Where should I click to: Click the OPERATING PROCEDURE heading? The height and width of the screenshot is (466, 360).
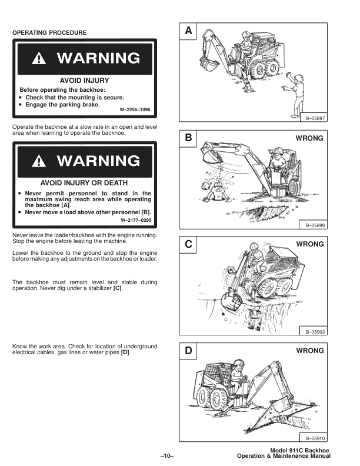pos(49,33)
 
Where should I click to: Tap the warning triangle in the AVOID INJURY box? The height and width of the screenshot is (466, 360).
pos(39,59)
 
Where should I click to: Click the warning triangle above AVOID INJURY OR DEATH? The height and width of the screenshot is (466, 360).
pos(39,161)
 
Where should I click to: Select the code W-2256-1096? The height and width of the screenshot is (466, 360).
pos(135,109)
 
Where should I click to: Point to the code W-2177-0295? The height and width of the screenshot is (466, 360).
pos(136,220)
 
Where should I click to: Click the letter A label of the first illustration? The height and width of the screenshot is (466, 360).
pos(188,31)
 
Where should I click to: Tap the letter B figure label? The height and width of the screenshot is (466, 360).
pos(188,138)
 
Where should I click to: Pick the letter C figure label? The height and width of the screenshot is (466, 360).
pos(188,244)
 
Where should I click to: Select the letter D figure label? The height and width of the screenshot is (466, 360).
pos(188,351)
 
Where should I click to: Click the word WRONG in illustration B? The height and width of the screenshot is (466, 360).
pos(309,138)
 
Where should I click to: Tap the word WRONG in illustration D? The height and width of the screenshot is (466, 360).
pos(310,351)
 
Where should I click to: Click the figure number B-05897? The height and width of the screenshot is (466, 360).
pos(315,118)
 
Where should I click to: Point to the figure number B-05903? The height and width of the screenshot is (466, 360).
pos(315,332)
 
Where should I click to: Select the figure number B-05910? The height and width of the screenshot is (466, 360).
pos(315,438)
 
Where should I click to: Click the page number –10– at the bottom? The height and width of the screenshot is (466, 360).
pos(167,456)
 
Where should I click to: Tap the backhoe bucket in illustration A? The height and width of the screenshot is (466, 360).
pos(209,65)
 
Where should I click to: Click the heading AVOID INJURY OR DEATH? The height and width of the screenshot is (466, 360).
pos(84,183)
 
